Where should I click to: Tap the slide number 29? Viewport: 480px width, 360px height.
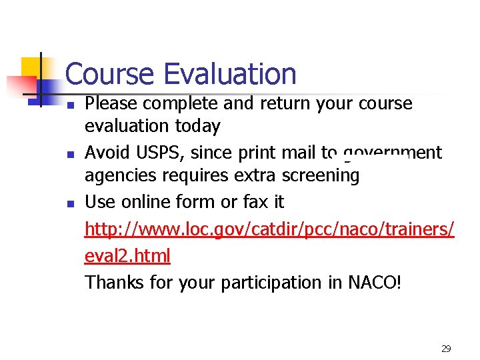[446, 349]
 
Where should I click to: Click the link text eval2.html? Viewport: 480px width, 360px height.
[127, 255]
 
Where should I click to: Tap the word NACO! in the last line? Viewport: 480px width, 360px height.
[375, 282]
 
